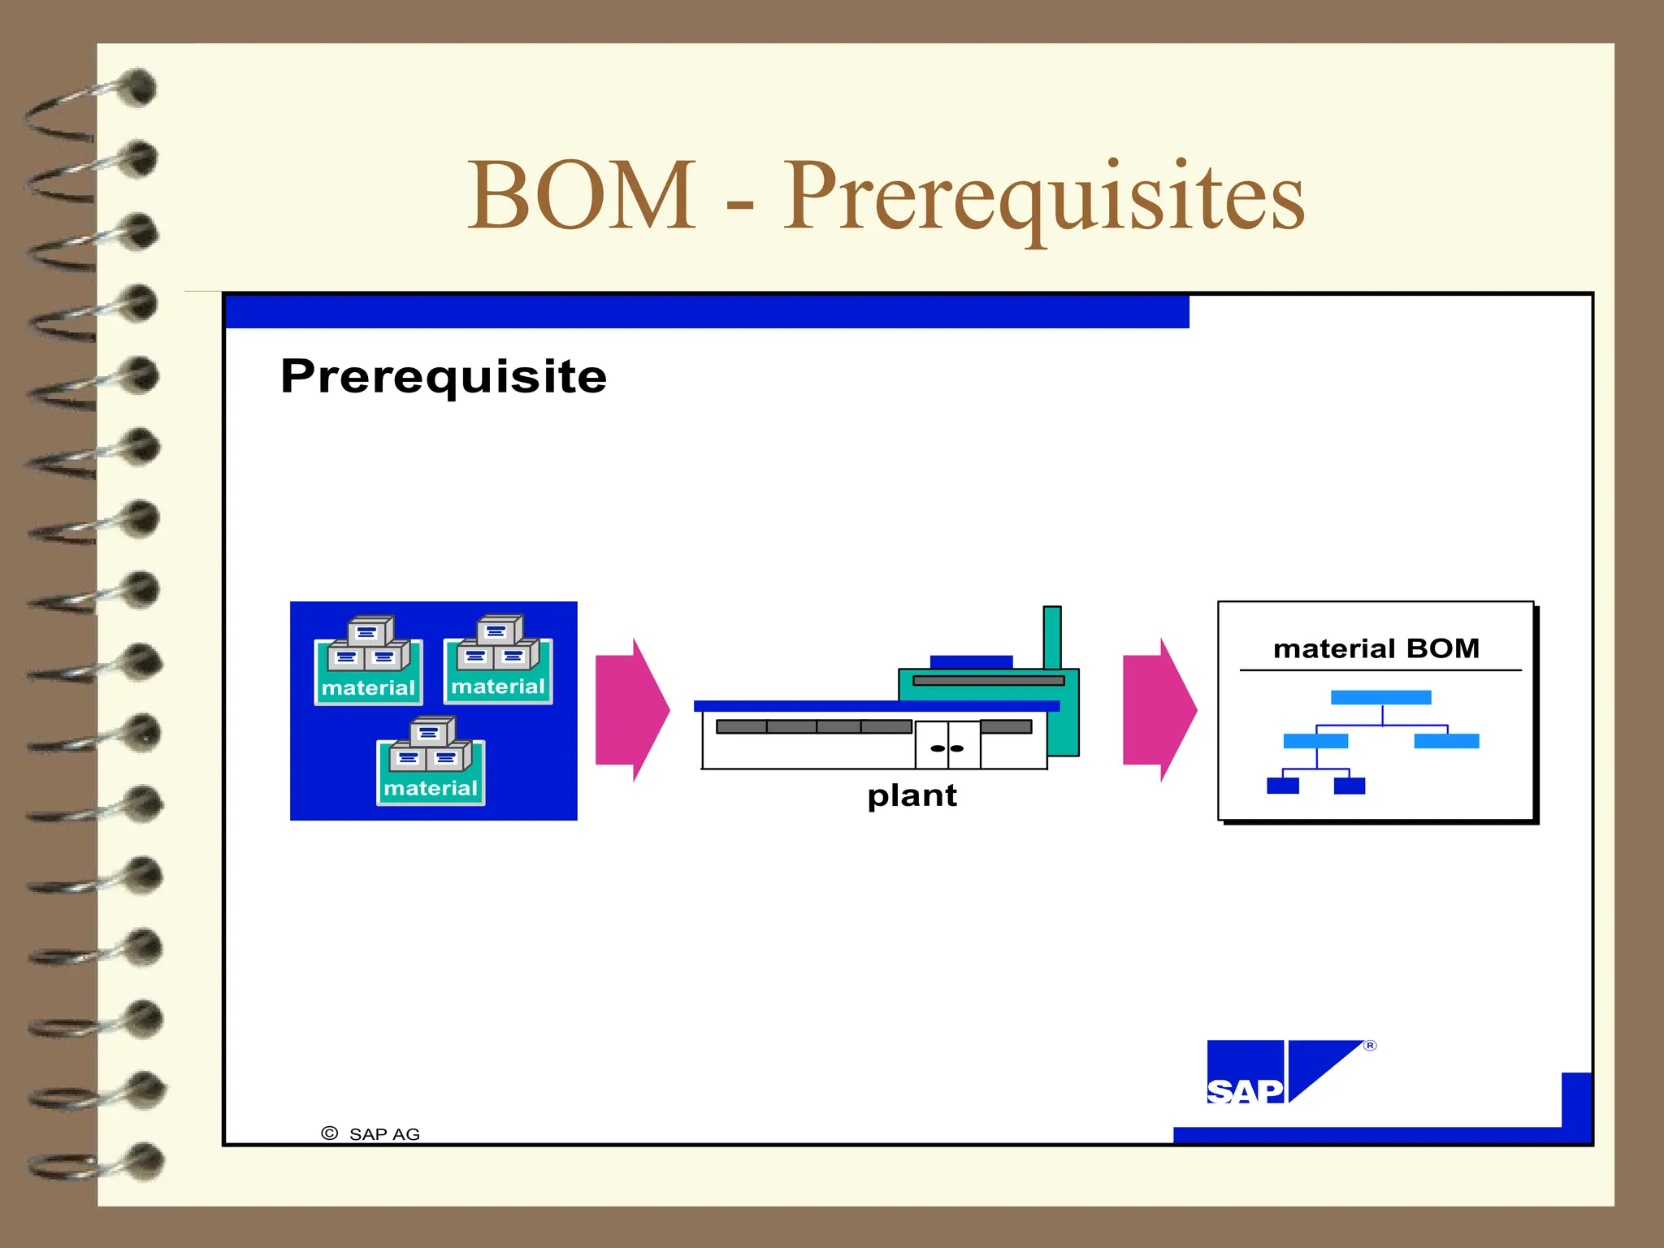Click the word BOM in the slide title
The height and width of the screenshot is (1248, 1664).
(582, 196)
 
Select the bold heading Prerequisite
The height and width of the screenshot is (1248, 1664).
(444, 377)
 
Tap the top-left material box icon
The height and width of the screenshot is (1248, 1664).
(369, 660)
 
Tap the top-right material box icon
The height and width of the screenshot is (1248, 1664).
(498, 659)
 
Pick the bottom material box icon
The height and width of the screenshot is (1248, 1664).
(431, 760)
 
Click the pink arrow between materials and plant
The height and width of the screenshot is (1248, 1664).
(632, 710)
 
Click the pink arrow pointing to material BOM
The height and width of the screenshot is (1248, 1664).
(1159, 710)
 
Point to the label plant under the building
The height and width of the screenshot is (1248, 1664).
(912, 795)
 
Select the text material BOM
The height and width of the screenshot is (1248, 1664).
(1376, 648)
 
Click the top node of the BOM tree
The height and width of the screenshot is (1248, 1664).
(1381, 697)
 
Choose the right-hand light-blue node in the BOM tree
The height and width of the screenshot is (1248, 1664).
(1447, 741)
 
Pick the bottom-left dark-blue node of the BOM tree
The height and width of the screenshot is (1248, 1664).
(1283, 786)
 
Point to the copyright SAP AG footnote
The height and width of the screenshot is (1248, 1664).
(370, 1133)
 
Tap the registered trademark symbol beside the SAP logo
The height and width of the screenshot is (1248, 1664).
(1370, 1046)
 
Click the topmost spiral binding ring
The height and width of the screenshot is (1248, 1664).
(91, 106)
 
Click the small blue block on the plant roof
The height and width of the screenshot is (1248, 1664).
(971, 662)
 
